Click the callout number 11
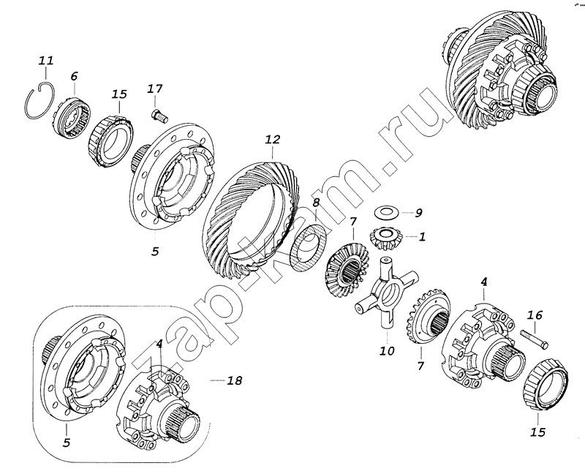point(47,60)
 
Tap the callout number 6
point(74,77)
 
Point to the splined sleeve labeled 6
point(71,118)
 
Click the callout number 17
point(154,89)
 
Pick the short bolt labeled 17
point(159,115)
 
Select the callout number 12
point(272,140)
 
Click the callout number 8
point(316,203)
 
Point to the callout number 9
point(418,213)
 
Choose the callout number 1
point(422,236)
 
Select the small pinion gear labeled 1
point(383,238)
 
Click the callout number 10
point(387,351)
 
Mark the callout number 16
point(535,315)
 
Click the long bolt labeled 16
point(534,339)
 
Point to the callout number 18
point(234,380)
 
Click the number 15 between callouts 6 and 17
point(119,94)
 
